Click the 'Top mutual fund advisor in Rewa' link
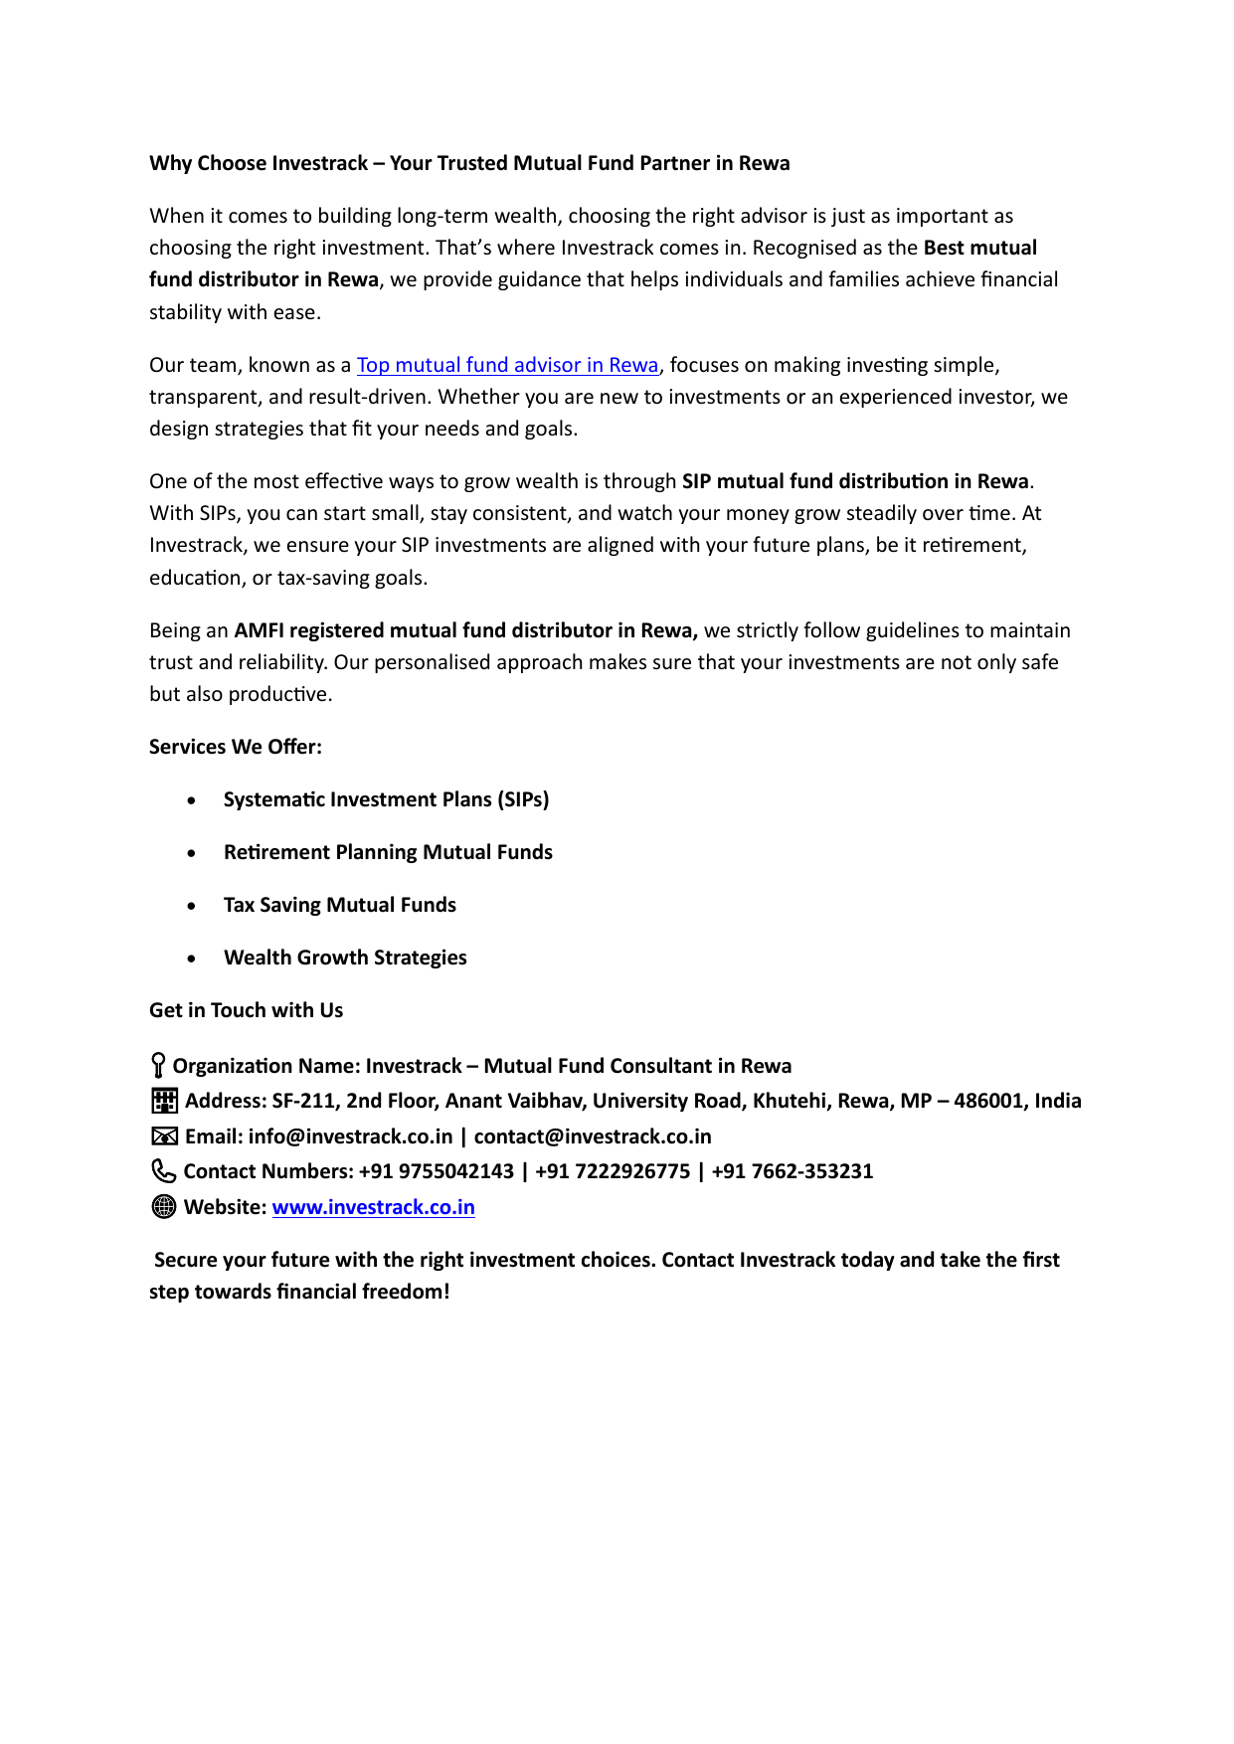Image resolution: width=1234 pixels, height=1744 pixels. pyautogui.click(x=507, y=365)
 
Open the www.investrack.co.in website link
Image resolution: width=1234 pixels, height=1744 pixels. pyautogui.click(x=373, y=1207)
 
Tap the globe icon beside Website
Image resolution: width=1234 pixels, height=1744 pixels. pyautogui.click(x=164, y=1207)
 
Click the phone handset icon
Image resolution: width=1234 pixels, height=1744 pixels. pyautogui.click(x=163, y=1171)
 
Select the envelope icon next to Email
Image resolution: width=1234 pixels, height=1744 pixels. pyautogui.click(x=164, y=1136)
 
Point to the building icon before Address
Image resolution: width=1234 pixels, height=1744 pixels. pyautogui.click(x=164, y=1101)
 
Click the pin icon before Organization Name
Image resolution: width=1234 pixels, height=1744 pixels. pyautogui.click(x=158, y=1066)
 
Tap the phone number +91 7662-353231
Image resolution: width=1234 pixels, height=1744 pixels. pyautogui.click(x=792, y=1171)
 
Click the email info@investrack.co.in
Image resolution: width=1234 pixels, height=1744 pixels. pyautogui.click(x=350, y=1136)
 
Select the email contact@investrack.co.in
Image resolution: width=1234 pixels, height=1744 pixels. pyautogui.click(x=593, y=1136)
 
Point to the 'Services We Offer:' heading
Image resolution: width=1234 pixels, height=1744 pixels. pyautogui.click(x=236, y=747)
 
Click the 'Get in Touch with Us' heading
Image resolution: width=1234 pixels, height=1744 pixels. pyautogui.click(x=246, y=1010)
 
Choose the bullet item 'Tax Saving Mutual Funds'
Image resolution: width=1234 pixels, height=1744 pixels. pyautogui.click(x=339, y=905)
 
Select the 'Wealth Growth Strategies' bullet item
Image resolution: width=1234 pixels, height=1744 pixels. pyautogui.click(x=345, y=958)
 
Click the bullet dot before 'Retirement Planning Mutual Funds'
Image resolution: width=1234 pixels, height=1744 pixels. pyautogui.click(x=191, y=853)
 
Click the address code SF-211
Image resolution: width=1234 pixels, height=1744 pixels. pyautogui.click(x=303, y=1101)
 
